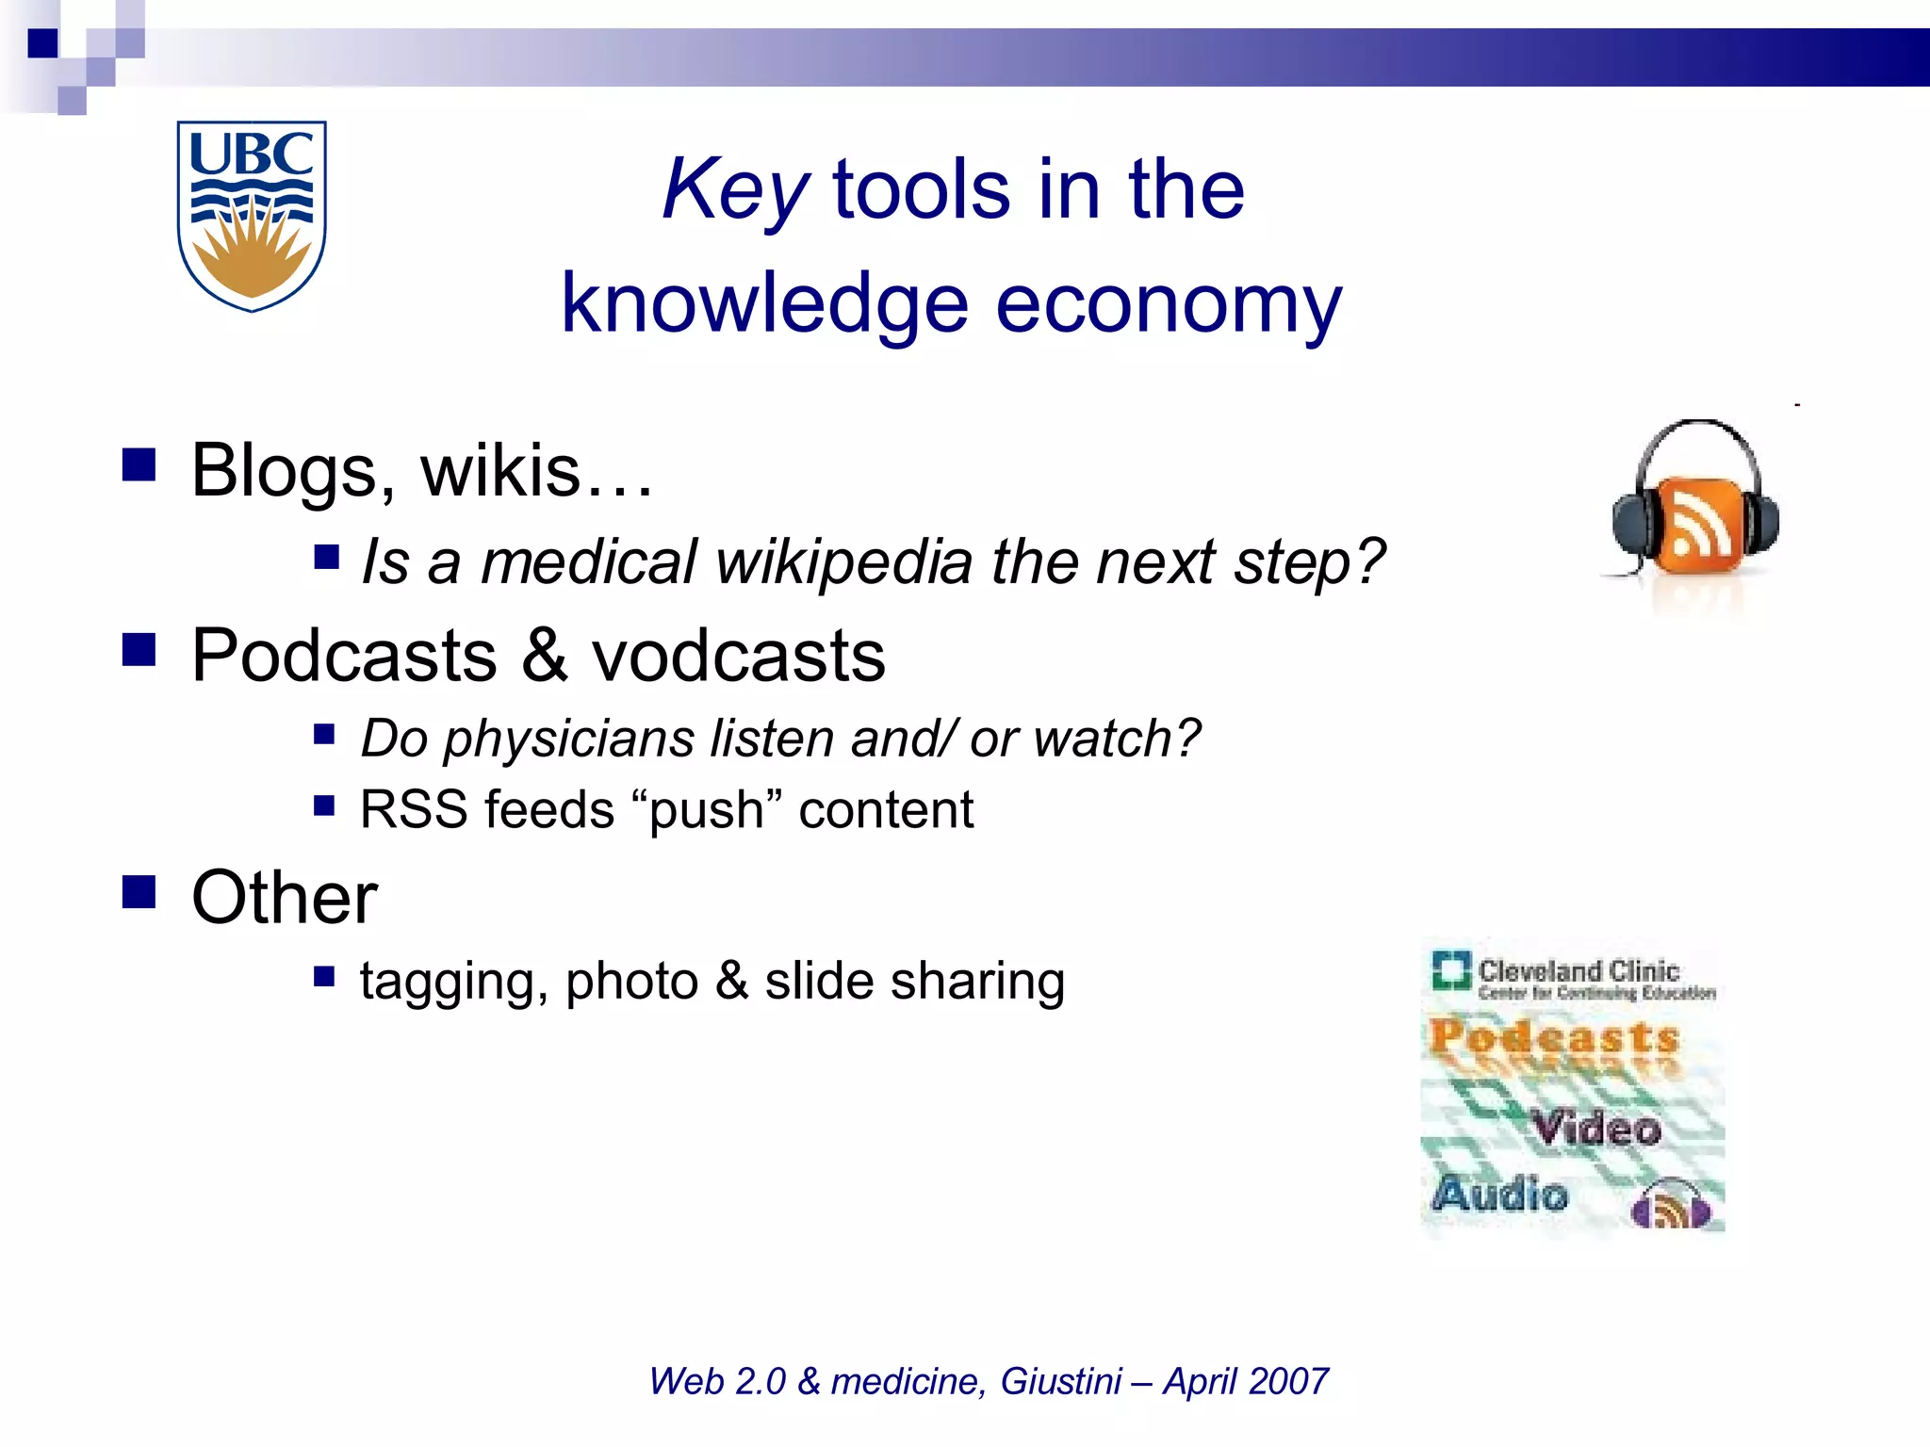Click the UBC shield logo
[x=252, y=215]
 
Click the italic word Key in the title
[x=734, y=190]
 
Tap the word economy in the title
[x=1169, y=303]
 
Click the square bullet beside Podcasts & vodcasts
[x=139, y=649]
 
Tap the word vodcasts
[x=738, y=655]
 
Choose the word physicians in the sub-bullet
[x=568, y=738]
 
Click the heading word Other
[x=285, y=897]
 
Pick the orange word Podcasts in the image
[x=1554, y=1037]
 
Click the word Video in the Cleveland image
[x=1595, y=1128]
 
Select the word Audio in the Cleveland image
[x=1500, y=1194]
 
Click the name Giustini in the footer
[x=1061, y=1381]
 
